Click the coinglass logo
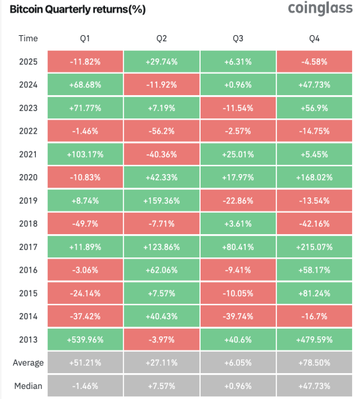320,9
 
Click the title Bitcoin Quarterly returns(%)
78,9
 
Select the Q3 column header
238,39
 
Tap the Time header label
28,39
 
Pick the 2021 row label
28,154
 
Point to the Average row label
28,362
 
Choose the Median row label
28,386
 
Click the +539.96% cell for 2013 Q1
85,339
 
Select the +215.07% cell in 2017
314,247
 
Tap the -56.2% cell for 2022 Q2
161,131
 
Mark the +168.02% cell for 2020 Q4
314,178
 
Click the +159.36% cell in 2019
161,201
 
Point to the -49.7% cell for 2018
85,223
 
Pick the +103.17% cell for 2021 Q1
85,154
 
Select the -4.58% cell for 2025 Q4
314,62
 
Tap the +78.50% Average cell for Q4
314,362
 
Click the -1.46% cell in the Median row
85,386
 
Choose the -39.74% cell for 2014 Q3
238,317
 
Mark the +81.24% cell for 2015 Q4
314,293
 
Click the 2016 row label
28,270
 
